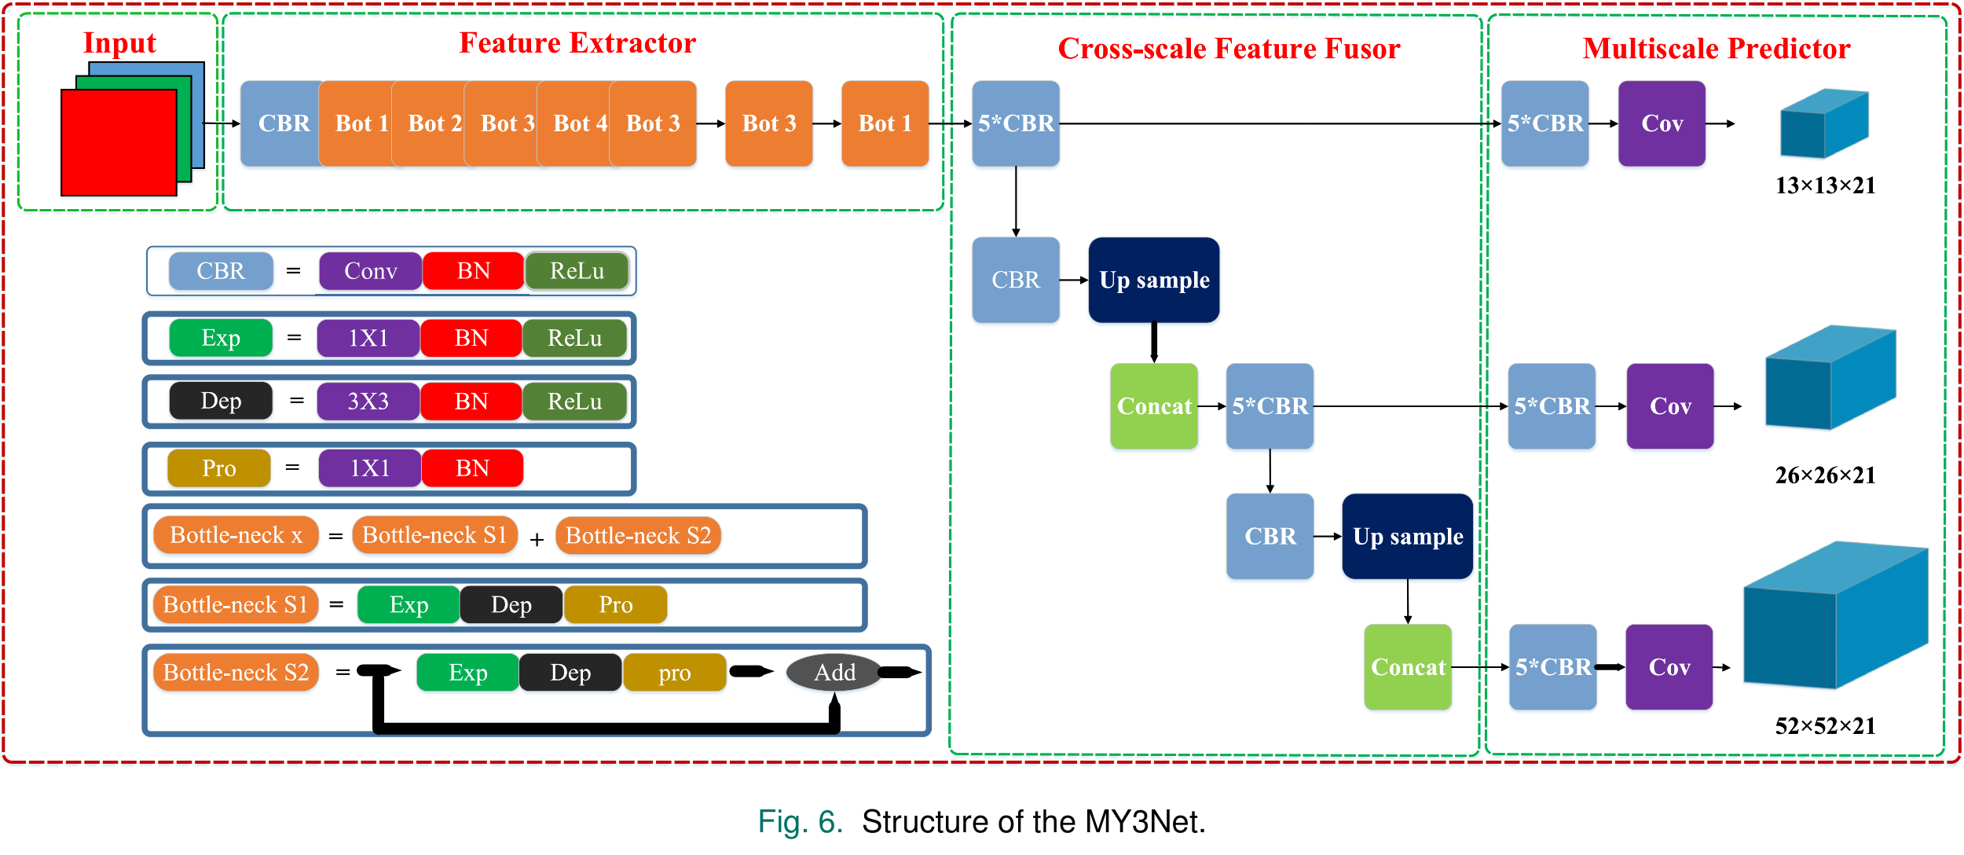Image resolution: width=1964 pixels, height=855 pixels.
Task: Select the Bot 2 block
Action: pos(434,123)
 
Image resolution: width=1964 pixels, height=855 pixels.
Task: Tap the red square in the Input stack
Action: pos(119,142)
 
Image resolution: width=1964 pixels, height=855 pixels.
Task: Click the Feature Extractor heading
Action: pos(577,43)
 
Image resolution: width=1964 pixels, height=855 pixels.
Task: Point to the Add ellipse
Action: pos(834,673)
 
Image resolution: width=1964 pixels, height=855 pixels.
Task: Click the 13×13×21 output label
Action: pos(1825,185)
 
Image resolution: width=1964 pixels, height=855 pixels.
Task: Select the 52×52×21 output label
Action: pos(1825,726)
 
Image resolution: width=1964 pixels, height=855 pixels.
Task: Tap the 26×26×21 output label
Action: pos(1825,475)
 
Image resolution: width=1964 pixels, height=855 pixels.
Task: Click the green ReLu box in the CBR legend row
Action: pos(577,271)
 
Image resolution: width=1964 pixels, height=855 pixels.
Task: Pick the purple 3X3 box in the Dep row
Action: pos(368,402)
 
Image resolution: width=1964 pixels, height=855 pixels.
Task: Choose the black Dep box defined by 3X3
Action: pos(221,402)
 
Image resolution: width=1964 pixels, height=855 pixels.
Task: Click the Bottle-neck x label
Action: pos(236,535)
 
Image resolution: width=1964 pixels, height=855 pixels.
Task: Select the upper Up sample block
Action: pos(1154,280)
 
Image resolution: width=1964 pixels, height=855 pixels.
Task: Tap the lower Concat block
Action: pos(1408,667)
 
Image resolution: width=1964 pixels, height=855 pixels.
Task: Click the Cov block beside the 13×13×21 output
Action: pos(1662,123)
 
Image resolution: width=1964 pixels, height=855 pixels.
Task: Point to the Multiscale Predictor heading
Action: pos(1717,49)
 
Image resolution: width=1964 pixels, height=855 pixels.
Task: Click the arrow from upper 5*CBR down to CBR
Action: pos(1016,201)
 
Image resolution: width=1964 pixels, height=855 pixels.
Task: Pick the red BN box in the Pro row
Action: pos(472,468)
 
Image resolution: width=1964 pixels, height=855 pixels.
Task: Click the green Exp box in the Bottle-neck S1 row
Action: pos(409,605)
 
